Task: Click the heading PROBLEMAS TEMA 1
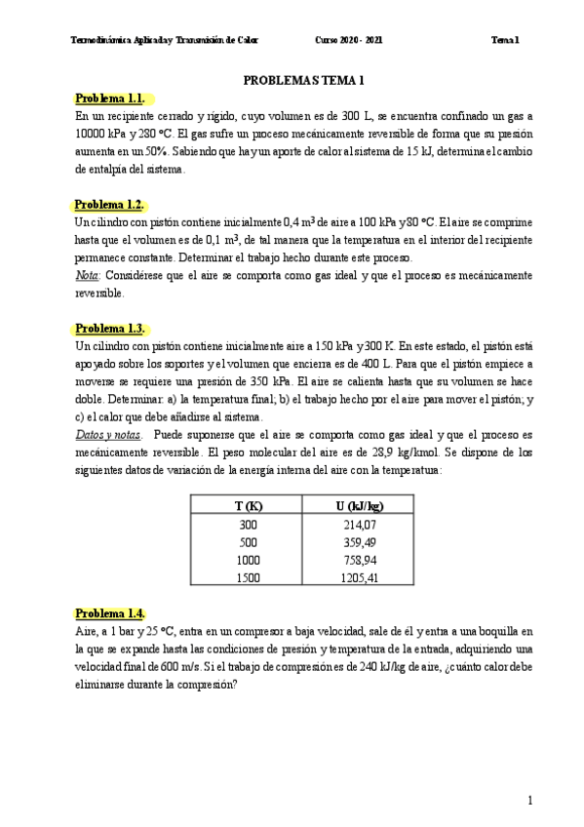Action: tap(303, 83)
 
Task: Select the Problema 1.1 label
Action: tap(110, 98)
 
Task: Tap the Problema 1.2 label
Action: tap(110, 205)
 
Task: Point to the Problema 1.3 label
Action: tap(110, 329)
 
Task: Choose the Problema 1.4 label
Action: tap(110, 613)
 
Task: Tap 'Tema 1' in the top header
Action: tap(505, 40)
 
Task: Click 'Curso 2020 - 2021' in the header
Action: tap(349, 40)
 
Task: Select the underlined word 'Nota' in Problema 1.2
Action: tap(87, 276)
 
